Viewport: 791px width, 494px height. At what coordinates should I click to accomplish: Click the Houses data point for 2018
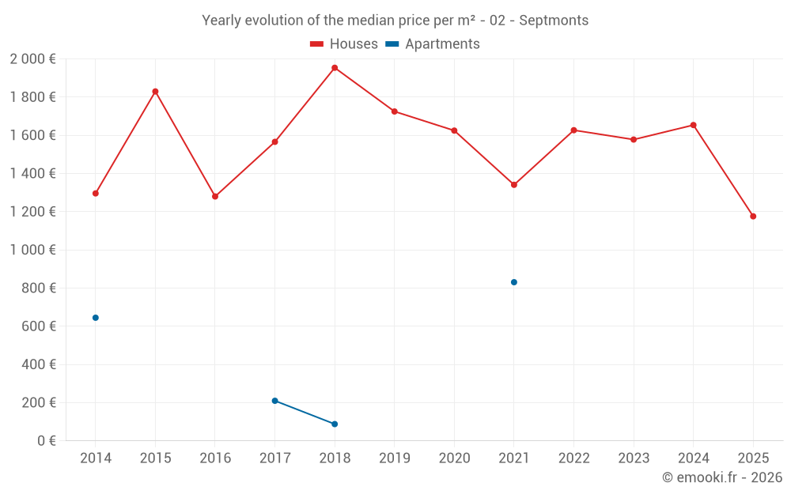coord(335,68)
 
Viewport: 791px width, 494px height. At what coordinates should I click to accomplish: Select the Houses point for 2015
coord(155,92)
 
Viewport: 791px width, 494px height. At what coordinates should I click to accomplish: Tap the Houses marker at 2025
coord(753,217)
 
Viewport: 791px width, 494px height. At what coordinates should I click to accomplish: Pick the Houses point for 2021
coord(514,185)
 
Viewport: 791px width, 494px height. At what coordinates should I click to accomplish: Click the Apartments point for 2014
coord(96,318)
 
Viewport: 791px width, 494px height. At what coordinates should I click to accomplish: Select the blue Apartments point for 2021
coord(514,282)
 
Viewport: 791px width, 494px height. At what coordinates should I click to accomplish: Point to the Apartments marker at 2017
coord(275,401)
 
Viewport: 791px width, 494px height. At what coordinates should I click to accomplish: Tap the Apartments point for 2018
coord(335,424)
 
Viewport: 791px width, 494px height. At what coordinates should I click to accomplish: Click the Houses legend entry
coord(344,44)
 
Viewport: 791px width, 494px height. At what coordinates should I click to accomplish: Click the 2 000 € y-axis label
coord(33,59)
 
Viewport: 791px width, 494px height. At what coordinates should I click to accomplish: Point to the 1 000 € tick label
coord(33,250)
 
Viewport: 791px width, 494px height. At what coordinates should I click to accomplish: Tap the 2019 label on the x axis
coord(395,458)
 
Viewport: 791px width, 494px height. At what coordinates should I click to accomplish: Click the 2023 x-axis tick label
coord(634,458)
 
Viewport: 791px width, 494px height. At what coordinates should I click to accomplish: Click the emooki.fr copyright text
coord(722,477)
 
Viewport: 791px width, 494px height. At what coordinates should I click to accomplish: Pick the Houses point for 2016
coord(215,197)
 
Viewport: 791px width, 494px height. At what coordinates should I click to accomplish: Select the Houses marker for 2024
coord(694,125)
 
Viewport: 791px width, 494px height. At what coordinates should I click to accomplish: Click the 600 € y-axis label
coord(38,326)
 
